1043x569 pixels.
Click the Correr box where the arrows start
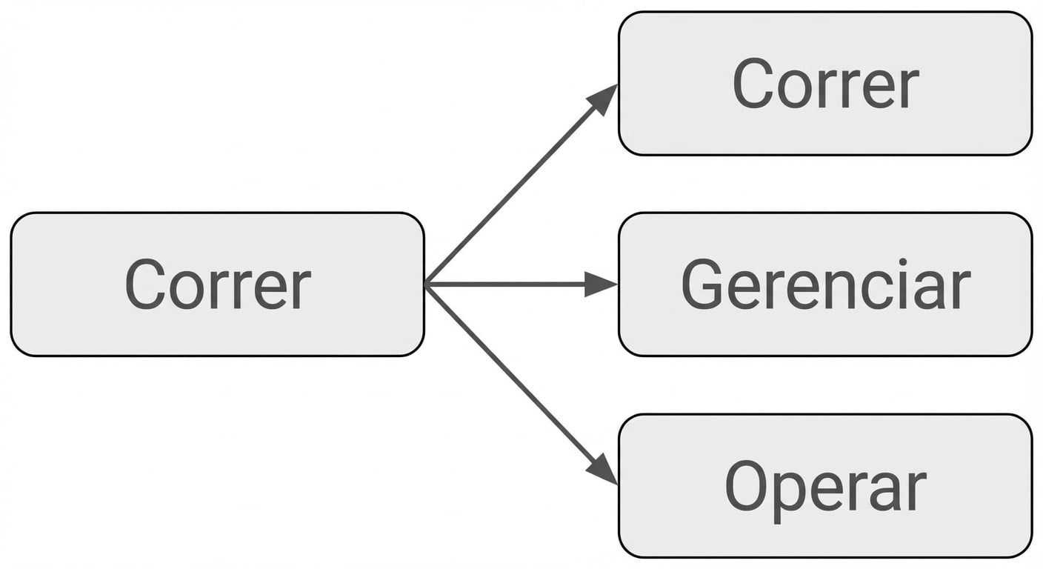(218, 284)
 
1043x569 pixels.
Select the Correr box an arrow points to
(825, 83)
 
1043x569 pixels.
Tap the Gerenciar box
(825, 284)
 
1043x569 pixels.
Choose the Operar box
(825, 486)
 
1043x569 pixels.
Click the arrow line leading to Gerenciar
(521, 284)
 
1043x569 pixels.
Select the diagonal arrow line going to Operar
(521, 385)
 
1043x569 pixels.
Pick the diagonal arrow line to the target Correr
(521, 184)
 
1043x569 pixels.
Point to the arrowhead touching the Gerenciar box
(602, 284)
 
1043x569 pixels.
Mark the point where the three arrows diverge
(426, 284)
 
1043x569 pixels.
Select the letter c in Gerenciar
(869, 290)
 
